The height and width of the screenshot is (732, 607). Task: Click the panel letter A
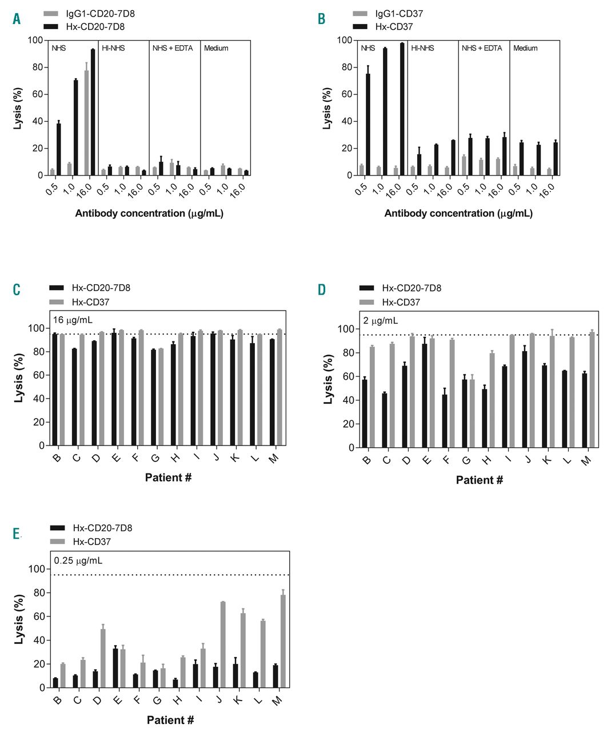click(x=17, y=19)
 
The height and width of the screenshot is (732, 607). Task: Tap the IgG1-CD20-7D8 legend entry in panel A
click(x=100, y=13)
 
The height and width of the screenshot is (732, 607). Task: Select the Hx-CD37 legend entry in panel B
click(x=394, y=26)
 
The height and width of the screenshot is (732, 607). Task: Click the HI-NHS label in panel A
click(x=113, y=48)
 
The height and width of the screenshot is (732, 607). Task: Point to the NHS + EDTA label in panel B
click(x=482, y=48)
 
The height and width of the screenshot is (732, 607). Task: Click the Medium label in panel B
click(x=525, y=48)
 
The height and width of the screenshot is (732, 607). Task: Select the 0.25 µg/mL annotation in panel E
click(x=78, y=560)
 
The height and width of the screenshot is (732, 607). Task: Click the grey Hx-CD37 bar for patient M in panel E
click(x=282, y=641)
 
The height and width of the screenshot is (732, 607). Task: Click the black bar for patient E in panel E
click(x=115, y=668)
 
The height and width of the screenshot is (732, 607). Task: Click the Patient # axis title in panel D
click(x=479, y=480)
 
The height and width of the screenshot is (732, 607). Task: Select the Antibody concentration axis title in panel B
click(x=458, y=213)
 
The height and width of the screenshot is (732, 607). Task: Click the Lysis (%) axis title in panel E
click(x=19, y=619)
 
